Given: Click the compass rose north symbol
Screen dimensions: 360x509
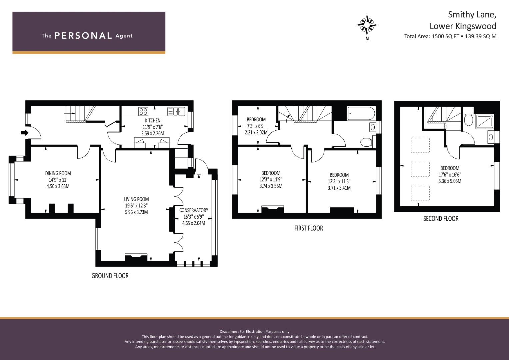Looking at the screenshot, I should pos(367,25).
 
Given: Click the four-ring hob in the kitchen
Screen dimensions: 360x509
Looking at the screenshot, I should pos(143,111).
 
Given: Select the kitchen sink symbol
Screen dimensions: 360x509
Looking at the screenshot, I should pos(176,111).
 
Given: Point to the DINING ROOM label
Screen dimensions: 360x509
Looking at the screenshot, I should pos(58,173).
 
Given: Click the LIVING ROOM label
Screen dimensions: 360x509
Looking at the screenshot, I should pos(136,199).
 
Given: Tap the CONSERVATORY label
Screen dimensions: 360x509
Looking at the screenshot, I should pos(193,210).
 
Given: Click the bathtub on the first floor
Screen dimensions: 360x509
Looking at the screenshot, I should pos(361,113).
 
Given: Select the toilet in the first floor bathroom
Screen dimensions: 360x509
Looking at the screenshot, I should pos(366,143).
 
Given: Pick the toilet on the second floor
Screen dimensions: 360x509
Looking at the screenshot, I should pos(468,120).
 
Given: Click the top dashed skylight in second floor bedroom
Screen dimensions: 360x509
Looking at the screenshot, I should pos(420,145).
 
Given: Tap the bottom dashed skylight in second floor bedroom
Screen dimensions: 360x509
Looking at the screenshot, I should pos(420,193).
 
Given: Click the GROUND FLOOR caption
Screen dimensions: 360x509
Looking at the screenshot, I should pos(110,276).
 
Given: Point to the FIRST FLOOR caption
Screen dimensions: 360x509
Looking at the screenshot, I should pos(308,228).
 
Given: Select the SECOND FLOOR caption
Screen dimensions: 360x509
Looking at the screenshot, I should pos(441,219).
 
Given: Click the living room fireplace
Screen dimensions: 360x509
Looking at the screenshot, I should pos(136,257).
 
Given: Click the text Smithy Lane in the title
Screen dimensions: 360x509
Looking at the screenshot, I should pos(472,15).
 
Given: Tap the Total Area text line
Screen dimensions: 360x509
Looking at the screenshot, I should pos(450,36).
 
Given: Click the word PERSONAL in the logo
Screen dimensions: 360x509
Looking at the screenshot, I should pos(83,36).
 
